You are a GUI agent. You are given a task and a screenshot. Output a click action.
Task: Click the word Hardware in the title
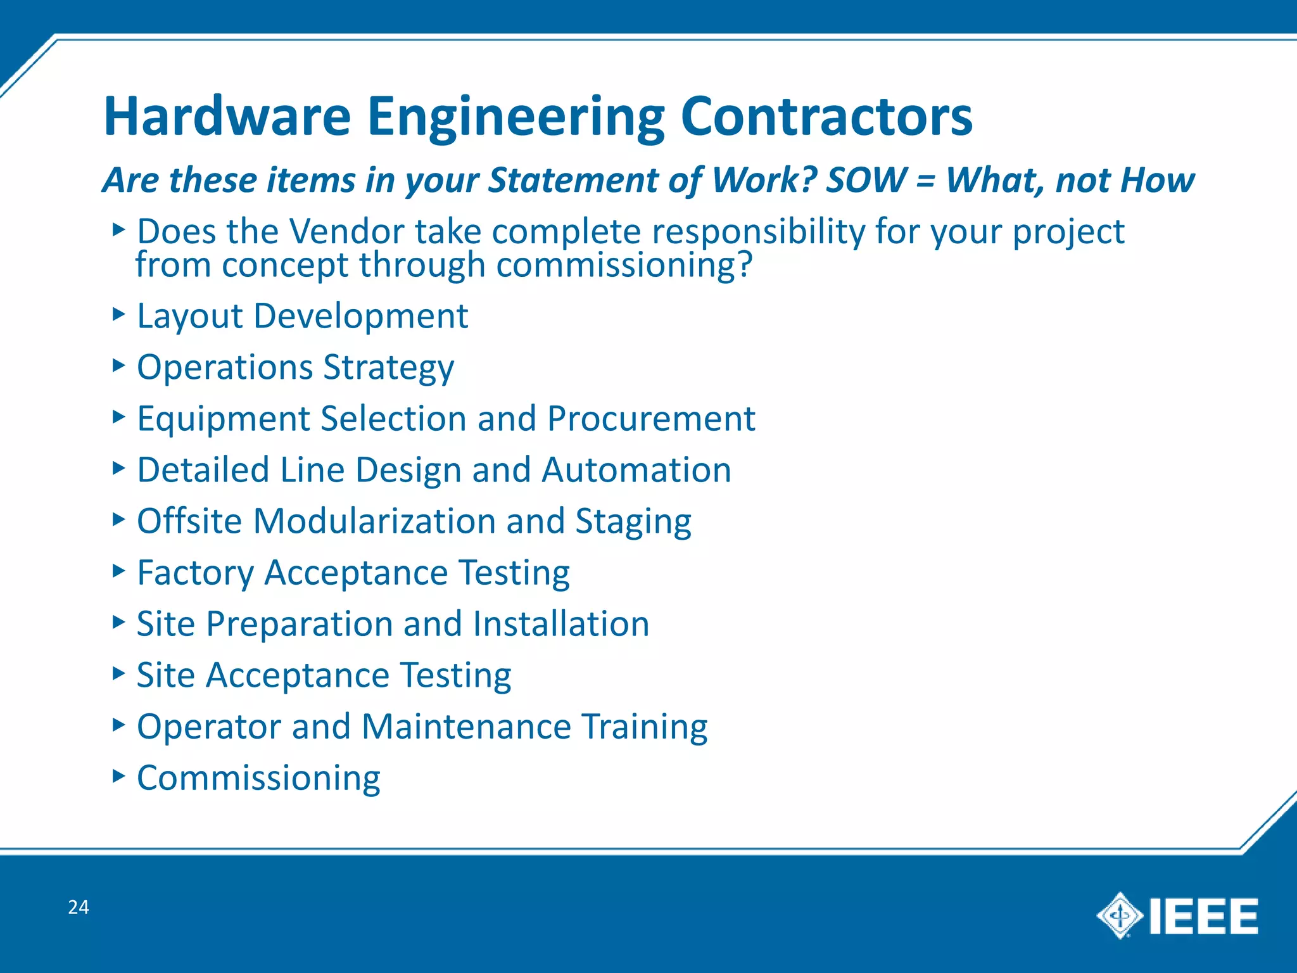(x=227, y=117)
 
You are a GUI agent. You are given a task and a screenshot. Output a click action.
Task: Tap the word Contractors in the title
(x=826, y=117)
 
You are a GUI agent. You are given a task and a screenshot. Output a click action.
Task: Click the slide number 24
(x=79, y=907)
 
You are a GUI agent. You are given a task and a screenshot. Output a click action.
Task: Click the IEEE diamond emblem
(x=1119, y=915)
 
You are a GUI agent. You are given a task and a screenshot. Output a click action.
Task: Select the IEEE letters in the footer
(x=1203, y=916)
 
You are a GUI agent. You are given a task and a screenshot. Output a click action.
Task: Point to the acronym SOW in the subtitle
(x=866, y=180)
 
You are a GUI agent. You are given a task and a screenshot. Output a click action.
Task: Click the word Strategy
(x=388, y=368)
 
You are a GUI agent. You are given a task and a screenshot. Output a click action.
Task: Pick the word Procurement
(x=651, y=419)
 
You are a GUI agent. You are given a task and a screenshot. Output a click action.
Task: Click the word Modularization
(x=374, y=521)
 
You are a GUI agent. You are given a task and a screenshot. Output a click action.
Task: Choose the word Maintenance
(x=466, y=727)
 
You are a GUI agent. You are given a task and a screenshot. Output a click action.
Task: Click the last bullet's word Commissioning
(x=258, y=779)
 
